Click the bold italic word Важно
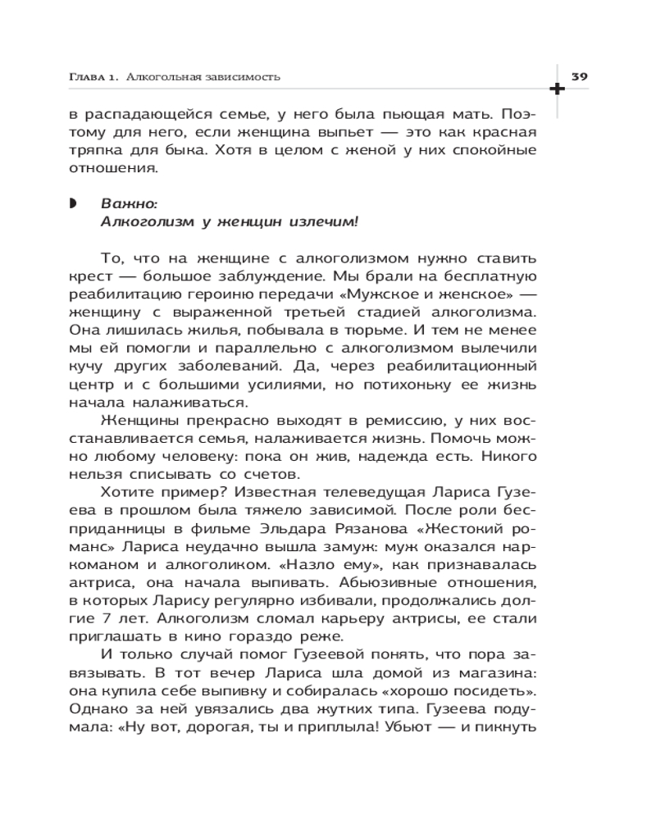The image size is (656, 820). pos(124,203)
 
